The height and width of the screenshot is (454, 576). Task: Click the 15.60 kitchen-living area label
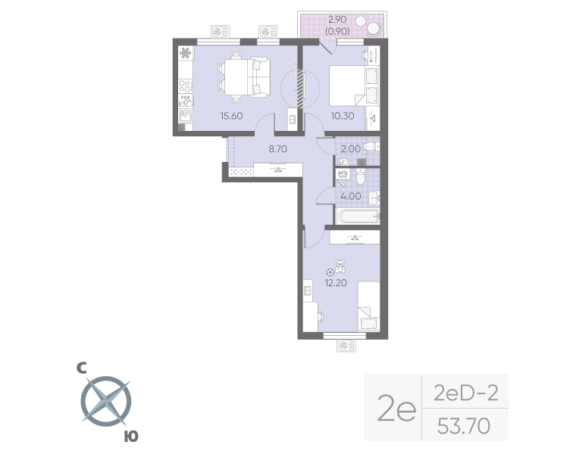(232, 116)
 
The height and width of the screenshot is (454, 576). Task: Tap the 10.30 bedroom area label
(343, 116)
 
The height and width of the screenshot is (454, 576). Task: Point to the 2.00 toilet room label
(350, 149)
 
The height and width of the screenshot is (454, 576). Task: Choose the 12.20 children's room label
(336, 284)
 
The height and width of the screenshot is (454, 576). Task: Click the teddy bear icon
(340, 266)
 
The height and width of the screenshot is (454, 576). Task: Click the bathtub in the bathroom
(356, 217)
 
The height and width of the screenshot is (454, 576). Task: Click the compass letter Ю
(131, 436)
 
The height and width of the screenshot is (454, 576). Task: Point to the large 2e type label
(396, 410)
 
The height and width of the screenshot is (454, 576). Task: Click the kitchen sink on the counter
(184, 116)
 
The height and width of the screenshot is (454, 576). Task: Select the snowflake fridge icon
(184, 54)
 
